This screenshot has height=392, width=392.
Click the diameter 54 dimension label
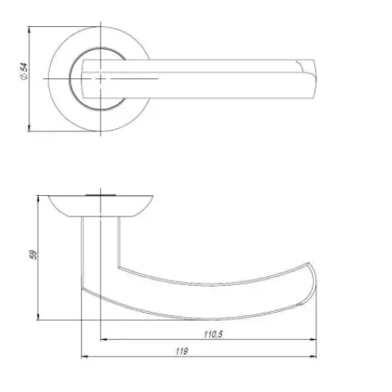tap(24, 71)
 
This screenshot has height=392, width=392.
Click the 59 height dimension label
tap(33, 254)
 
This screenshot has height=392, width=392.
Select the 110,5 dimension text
tap(213, 334)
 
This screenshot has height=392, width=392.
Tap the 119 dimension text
tap(181, 351)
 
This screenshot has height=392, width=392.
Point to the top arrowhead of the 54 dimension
tap(29, 30)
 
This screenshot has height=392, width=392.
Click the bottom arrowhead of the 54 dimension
tap(29, 127)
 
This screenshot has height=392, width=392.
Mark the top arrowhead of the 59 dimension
tap(38, 199)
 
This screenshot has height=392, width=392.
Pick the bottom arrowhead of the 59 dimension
tap(38, 316)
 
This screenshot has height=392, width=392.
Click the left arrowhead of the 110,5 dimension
tap(105, 340)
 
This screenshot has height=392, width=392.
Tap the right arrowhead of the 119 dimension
tap(313, 356)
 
